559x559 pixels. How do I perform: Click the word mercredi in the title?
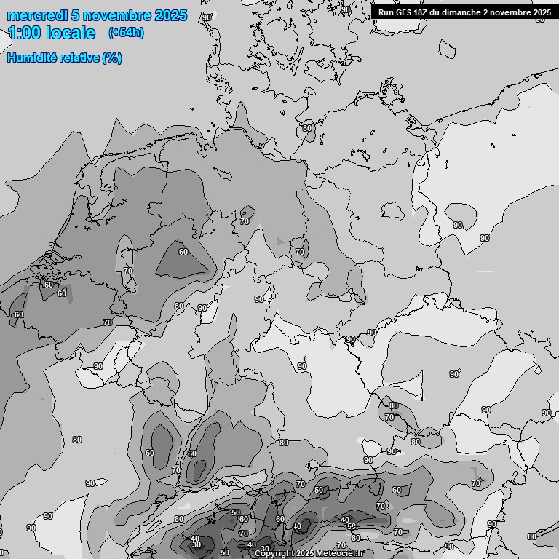click(36, 15)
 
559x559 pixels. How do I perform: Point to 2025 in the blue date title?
click(171, 15)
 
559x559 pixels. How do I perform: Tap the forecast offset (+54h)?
click(126, 33)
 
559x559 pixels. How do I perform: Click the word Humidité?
click(30, 58)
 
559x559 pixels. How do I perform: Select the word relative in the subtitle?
click(77, 58)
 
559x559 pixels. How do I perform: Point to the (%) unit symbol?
click(112, 58)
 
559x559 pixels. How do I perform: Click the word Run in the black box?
click(386, 12)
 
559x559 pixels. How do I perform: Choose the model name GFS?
click(405, 12)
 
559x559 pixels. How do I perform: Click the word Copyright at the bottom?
click(275, 554)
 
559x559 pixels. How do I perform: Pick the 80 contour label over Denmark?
click(307, 128)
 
